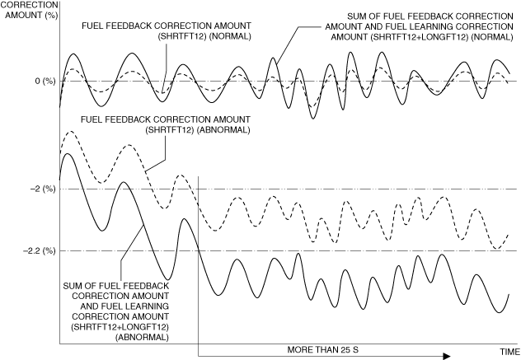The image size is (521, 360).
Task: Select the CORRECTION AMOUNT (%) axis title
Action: (x=26, y=10)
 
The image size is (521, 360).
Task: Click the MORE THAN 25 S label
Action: (x=324, y=349)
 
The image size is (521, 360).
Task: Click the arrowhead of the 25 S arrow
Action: (x=446, y=356)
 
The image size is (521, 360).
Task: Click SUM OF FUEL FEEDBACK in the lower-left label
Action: (x=116, y=286)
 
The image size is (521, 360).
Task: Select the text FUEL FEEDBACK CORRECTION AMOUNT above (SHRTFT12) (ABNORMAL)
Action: (x=165, y=119)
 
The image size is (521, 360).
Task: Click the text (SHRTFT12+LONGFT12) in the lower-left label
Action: (x=120, y=327)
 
